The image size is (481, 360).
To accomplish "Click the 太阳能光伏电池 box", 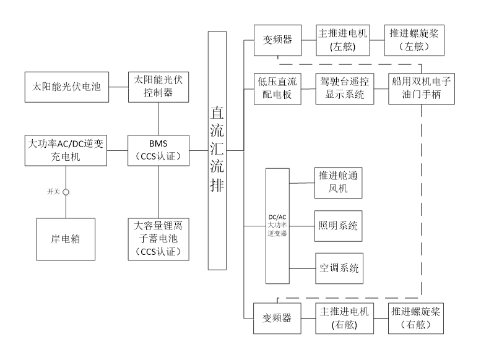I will tap(67, 88).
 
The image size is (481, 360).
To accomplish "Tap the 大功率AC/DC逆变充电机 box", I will tap(67, 151).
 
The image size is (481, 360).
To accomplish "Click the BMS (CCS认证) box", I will tap(159, 151).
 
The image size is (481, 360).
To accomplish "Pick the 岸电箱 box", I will tap(66, 240).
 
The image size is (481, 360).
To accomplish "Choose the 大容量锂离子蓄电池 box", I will tap(159, 239).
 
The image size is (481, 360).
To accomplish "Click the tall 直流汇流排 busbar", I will tap(218, 152).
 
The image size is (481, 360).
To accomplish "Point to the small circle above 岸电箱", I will tap(67, 194).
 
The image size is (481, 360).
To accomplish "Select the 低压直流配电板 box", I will tap(278, 89).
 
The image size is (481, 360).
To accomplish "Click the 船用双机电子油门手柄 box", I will tap(422, 89).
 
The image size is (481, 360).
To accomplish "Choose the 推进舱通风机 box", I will tap(340, 183).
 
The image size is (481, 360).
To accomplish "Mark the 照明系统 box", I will tap(340, 226).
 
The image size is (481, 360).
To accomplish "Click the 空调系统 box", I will tap(340, 269).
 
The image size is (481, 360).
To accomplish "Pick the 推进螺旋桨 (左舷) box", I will tap(415, 40).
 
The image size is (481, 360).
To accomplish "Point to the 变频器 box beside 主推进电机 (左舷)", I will tap(278, 41).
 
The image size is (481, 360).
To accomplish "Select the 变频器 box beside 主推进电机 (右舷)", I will tap(278, 319).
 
